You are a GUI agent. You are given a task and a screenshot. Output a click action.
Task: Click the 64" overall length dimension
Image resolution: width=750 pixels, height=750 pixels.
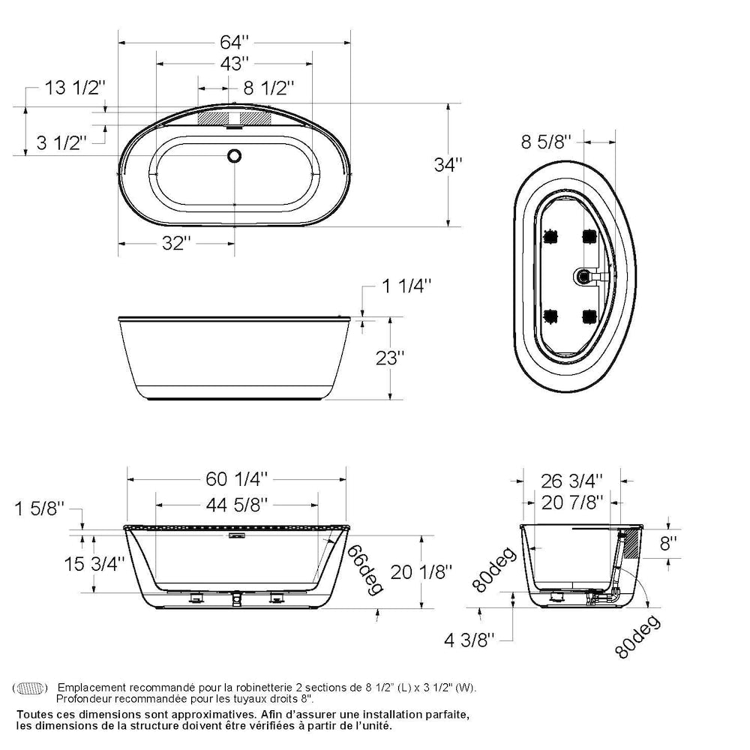tap(234, 20)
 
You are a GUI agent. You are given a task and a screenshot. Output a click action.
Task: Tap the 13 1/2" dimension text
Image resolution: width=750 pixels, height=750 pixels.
tap(74, 88)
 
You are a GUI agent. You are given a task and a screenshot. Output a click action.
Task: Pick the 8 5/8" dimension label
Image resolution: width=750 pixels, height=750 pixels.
tap(546, 141)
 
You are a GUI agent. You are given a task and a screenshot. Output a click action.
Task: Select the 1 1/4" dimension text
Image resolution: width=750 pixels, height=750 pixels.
tap(406, 286)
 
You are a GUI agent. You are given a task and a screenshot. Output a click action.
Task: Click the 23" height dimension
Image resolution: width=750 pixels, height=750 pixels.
tap(391, 357)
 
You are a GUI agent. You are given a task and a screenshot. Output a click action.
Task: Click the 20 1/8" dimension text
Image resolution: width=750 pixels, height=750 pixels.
tap(421, 571)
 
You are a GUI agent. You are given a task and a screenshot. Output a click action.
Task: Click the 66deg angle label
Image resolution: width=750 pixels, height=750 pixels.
tap(364, 570)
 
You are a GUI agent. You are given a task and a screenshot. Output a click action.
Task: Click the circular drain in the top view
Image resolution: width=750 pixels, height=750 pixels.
tap(235, 156)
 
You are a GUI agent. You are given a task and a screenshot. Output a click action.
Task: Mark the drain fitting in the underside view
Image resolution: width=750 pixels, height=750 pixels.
tap(584, 277)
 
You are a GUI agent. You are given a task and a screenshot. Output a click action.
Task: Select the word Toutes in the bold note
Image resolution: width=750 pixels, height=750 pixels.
tap(34, 715)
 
